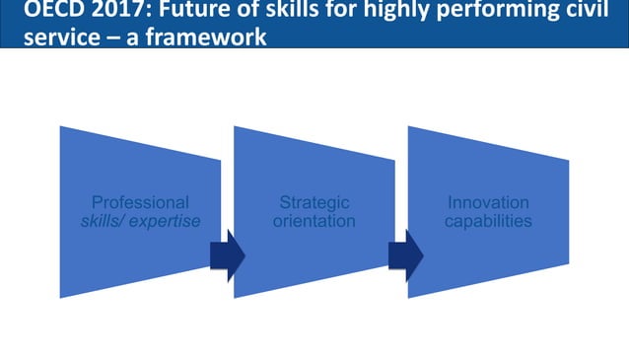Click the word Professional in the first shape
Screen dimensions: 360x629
click(140, 203)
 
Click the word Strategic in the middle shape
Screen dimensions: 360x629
click(314, 203)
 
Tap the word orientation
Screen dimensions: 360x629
click(314, 221)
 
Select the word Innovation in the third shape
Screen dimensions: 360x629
click(488, 203)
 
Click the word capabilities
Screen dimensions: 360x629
click(488, 221)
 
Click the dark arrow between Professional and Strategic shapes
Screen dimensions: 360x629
click(227, 255)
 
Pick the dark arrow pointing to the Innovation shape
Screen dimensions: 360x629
click(404, 255)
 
